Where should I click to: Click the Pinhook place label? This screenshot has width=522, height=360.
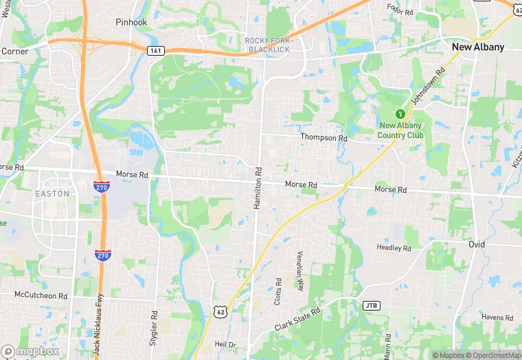tap(132, 22)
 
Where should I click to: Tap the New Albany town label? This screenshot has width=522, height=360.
tap(478, 47)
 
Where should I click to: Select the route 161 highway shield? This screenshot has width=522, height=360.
tap(156, 50)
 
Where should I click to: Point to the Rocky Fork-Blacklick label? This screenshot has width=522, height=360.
tap(268, 45)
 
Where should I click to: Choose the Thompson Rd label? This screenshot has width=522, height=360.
tap(324, 137)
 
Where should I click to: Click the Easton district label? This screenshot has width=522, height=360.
tap(52, 194)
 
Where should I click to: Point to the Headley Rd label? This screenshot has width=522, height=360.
tap(394, 247)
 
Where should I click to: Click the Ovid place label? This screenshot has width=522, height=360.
tap(477, 245)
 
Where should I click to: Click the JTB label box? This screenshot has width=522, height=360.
tap(371, 304)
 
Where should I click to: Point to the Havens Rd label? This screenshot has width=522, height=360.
tap(497, 317)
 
